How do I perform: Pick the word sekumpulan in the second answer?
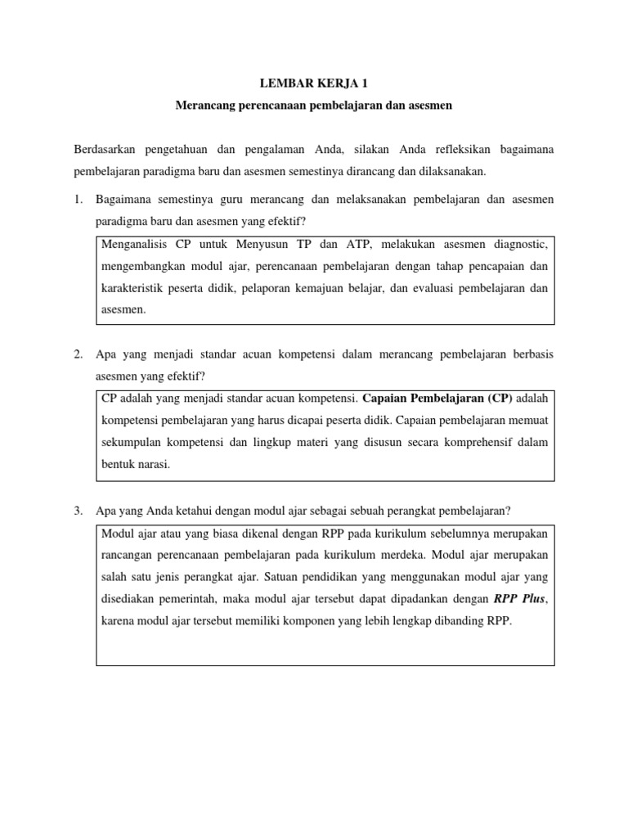134,443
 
